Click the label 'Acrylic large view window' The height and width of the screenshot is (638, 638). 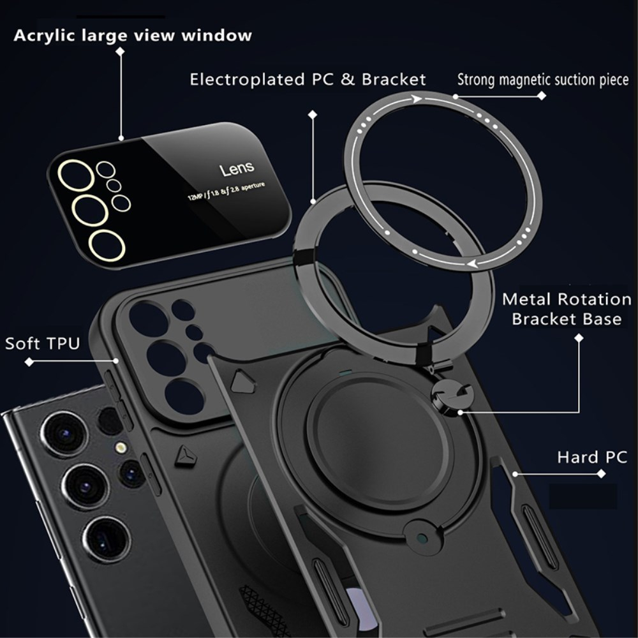[133, 35]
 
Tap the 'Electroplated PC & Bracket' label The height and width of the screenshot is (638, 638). [308, 80]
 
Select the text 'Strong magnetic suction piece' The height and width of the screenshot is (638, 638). [542, 80]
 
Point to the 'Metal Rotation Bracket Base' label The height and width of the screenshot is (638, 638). [567, 309]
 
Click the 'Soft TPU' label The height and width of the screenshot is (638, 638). [43, 343]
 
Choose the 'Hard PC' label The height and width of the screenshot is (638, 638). [591, 457]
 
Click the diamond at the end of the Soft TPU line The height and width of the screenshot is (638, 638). [29, 362]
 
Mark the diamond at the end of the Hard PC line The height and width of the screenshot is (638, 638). [600, 474]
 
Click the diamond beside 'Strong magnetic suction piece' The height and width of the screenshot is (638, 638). [542, 96]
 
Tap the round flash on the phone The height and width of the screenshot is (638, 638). [119, 449]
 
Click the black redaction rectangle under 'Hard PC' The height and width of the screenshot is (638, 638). [582, 496]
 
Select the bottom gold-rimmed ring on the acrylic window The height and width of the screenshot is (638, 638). [107, 245]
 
